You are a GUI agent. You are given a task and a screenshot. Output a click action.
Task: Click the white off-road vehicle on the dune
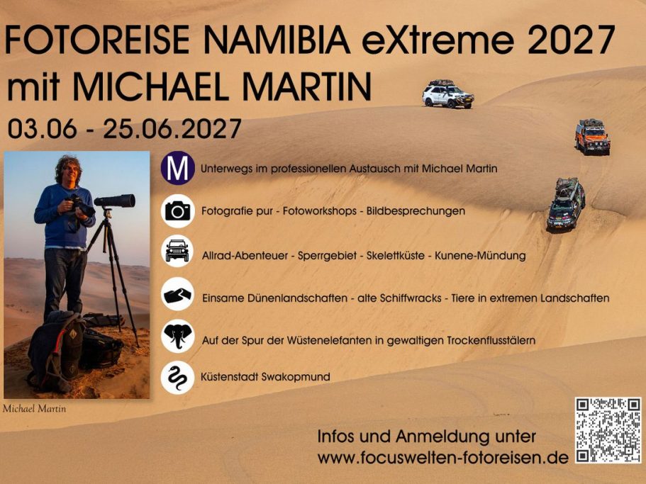[x=447, y=94]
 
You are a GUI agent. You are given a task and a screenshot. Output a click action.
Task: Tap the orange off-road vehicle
[x=591, y=136]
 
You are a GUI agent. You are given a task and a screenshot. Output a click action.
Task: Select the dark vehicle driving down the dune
[x=566, y=203]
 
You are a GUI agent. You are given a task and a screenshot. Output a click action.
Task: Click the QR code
[x=608, y=431]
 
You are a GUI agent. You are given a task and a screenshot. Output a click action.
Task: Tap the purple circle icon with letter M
[x=177, y=169]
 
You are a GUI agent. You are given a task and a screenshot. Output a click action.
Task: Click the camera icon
[x=177, y=210]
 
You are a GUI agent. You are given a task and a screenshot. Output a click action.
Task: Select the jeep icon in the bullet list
[x=177, y=252]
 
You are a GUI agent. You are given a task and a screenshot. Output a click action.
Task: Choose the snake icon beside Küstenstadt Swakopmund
[x=177, y=377]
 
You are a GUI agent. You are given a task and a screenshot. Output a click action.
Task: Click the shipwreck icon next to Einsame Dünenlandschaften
[x=177, y=294]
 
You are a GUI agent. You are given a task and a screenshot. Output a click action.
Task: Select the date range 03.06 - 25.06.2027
[x=125, y=129]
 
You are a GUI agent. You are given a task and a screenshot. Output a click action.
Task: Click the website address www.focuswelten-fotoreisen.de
[x=443, y=458]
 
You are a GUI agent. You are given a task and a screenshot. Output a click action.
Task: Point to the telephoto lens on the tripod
[x=115, y=201]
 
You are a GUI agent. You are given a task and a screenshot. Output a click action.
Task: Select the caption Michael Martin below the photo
[x=34, y=408]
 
